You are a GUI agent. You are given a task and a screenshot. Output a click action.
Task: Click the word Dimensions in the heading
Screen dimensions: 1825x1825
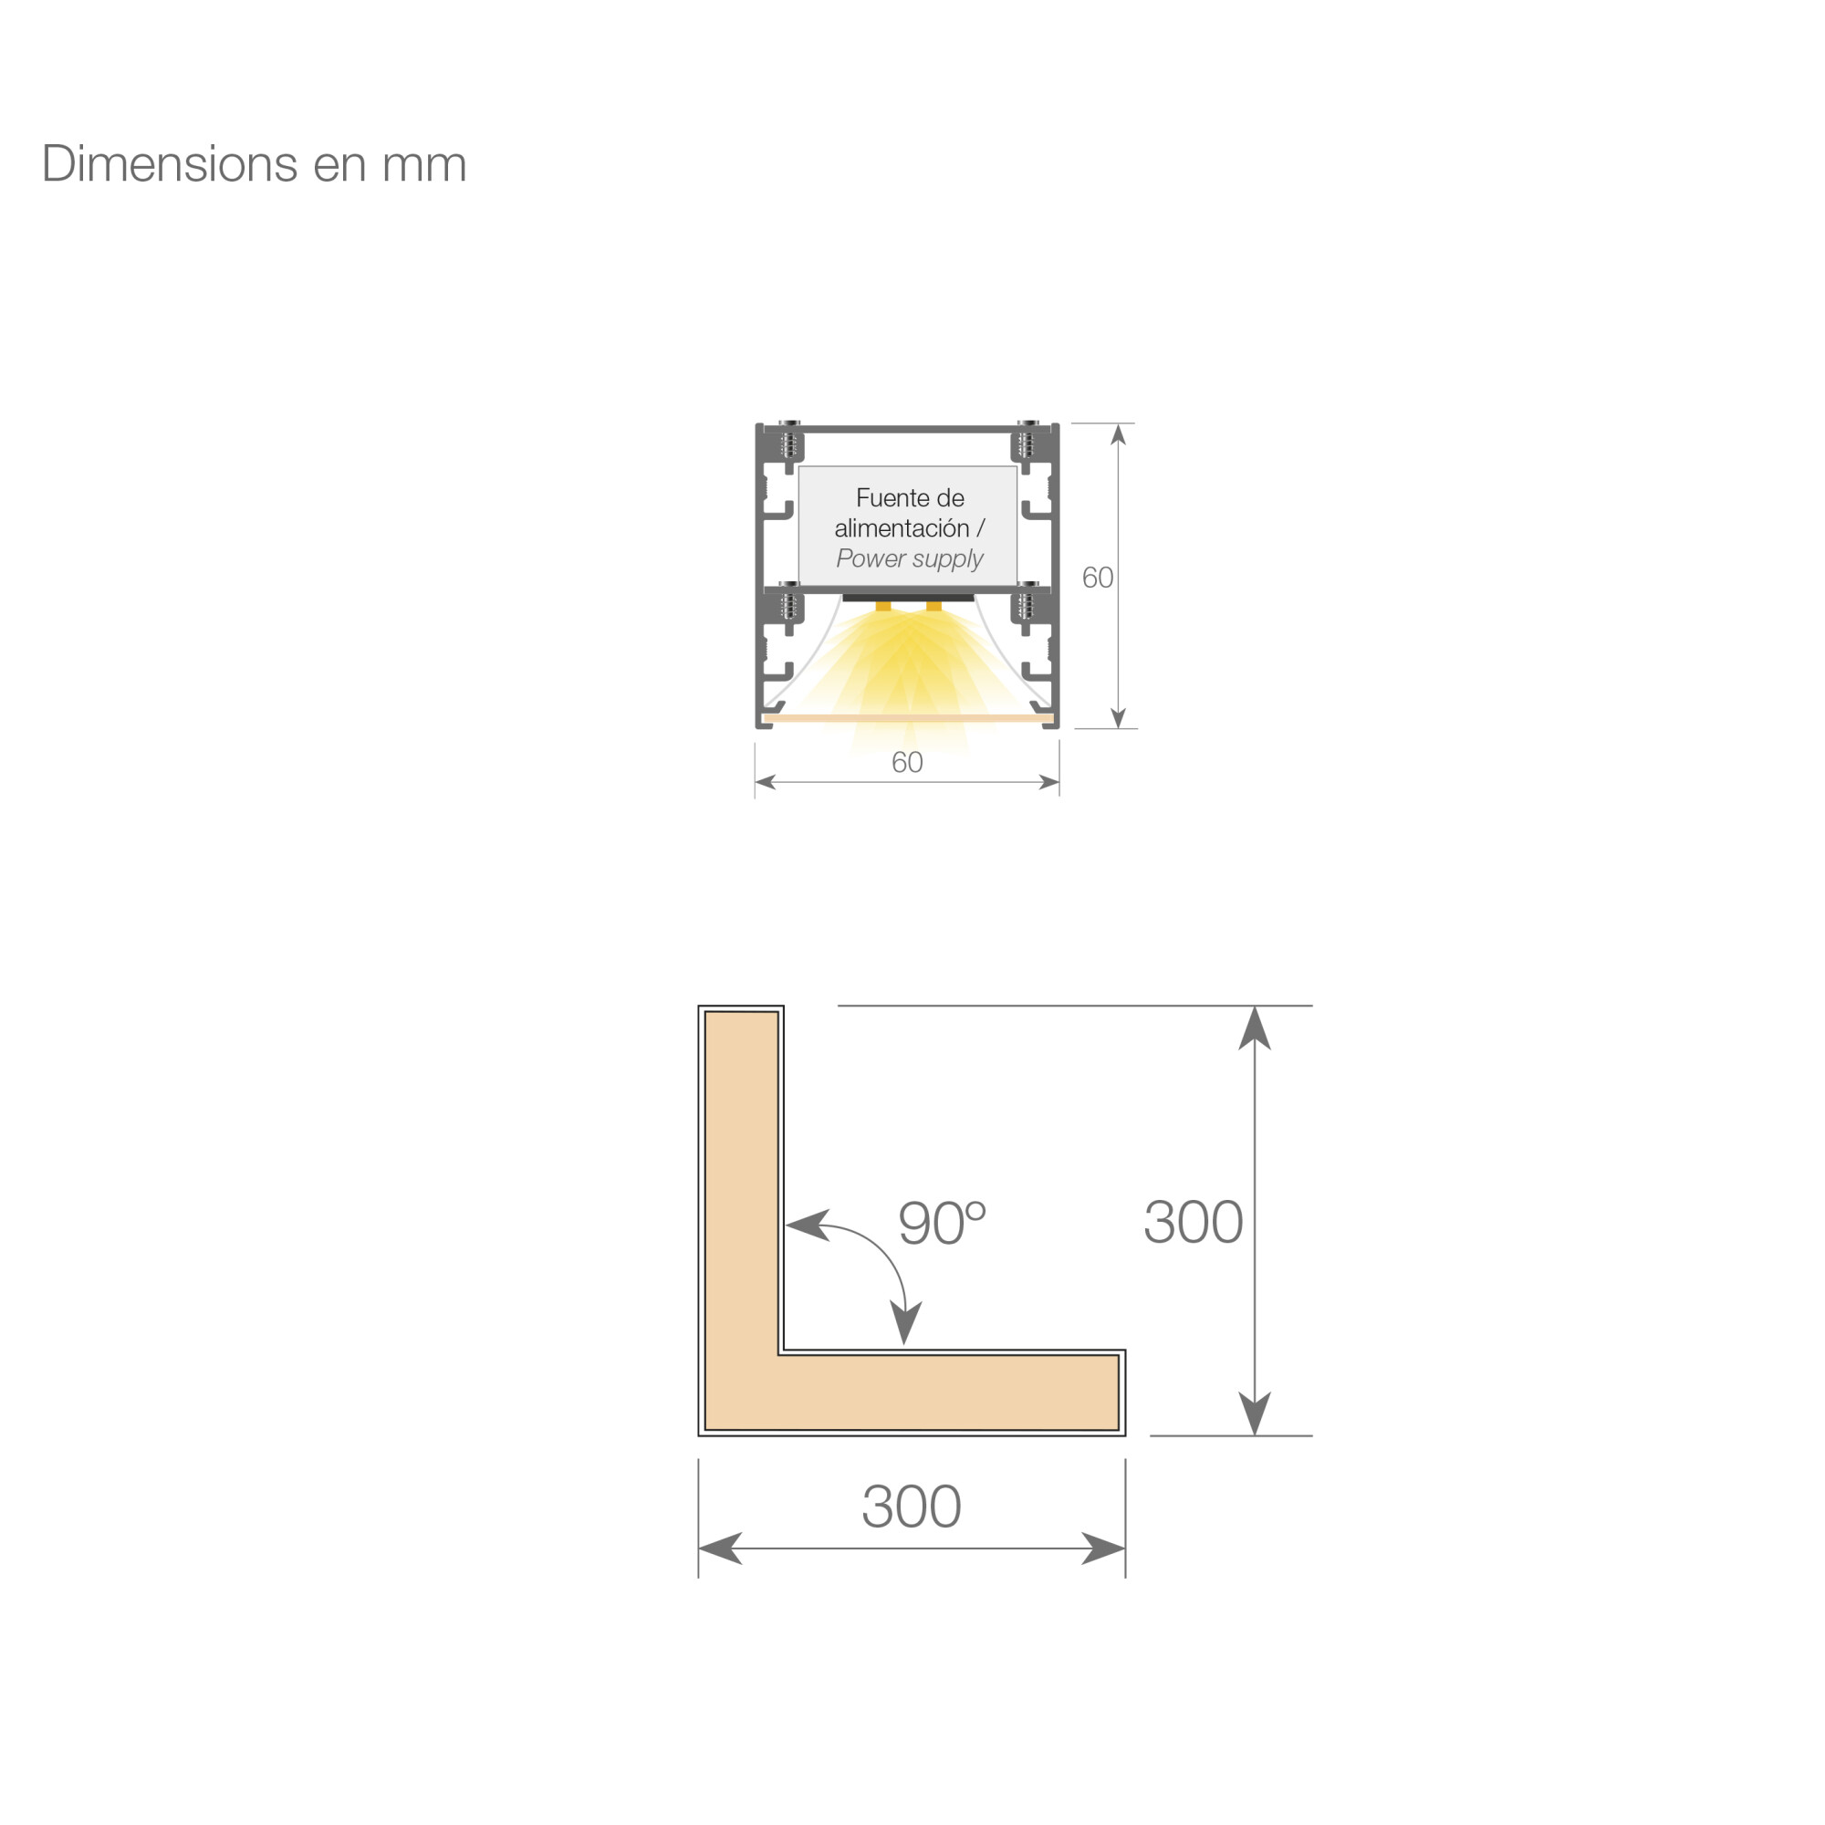[x=171, y=163]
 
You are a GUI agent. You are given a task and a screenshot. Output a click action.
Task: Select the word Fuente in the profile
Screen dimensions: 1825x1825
[x=888, y=498]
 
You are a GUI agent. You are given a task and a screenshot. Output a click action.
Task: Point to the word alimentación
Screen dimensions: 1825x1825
[x=902, y=528]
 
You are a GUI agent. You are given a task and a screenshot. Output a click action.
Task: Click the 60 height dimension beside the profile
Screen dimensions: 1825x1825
[x=1097, y=578]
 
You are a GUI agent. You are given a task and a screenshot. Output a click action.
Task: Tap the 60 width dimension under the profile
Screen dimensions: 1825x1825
[x=907, y=762]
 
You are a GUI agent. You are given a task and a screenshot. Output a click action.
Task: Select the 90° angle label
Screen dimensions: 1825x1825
[x=942, y=1224]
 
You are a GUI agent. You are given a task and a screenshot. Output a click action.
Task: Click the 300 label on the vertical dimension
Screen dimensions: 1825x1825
[x=1193, y=1222]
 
